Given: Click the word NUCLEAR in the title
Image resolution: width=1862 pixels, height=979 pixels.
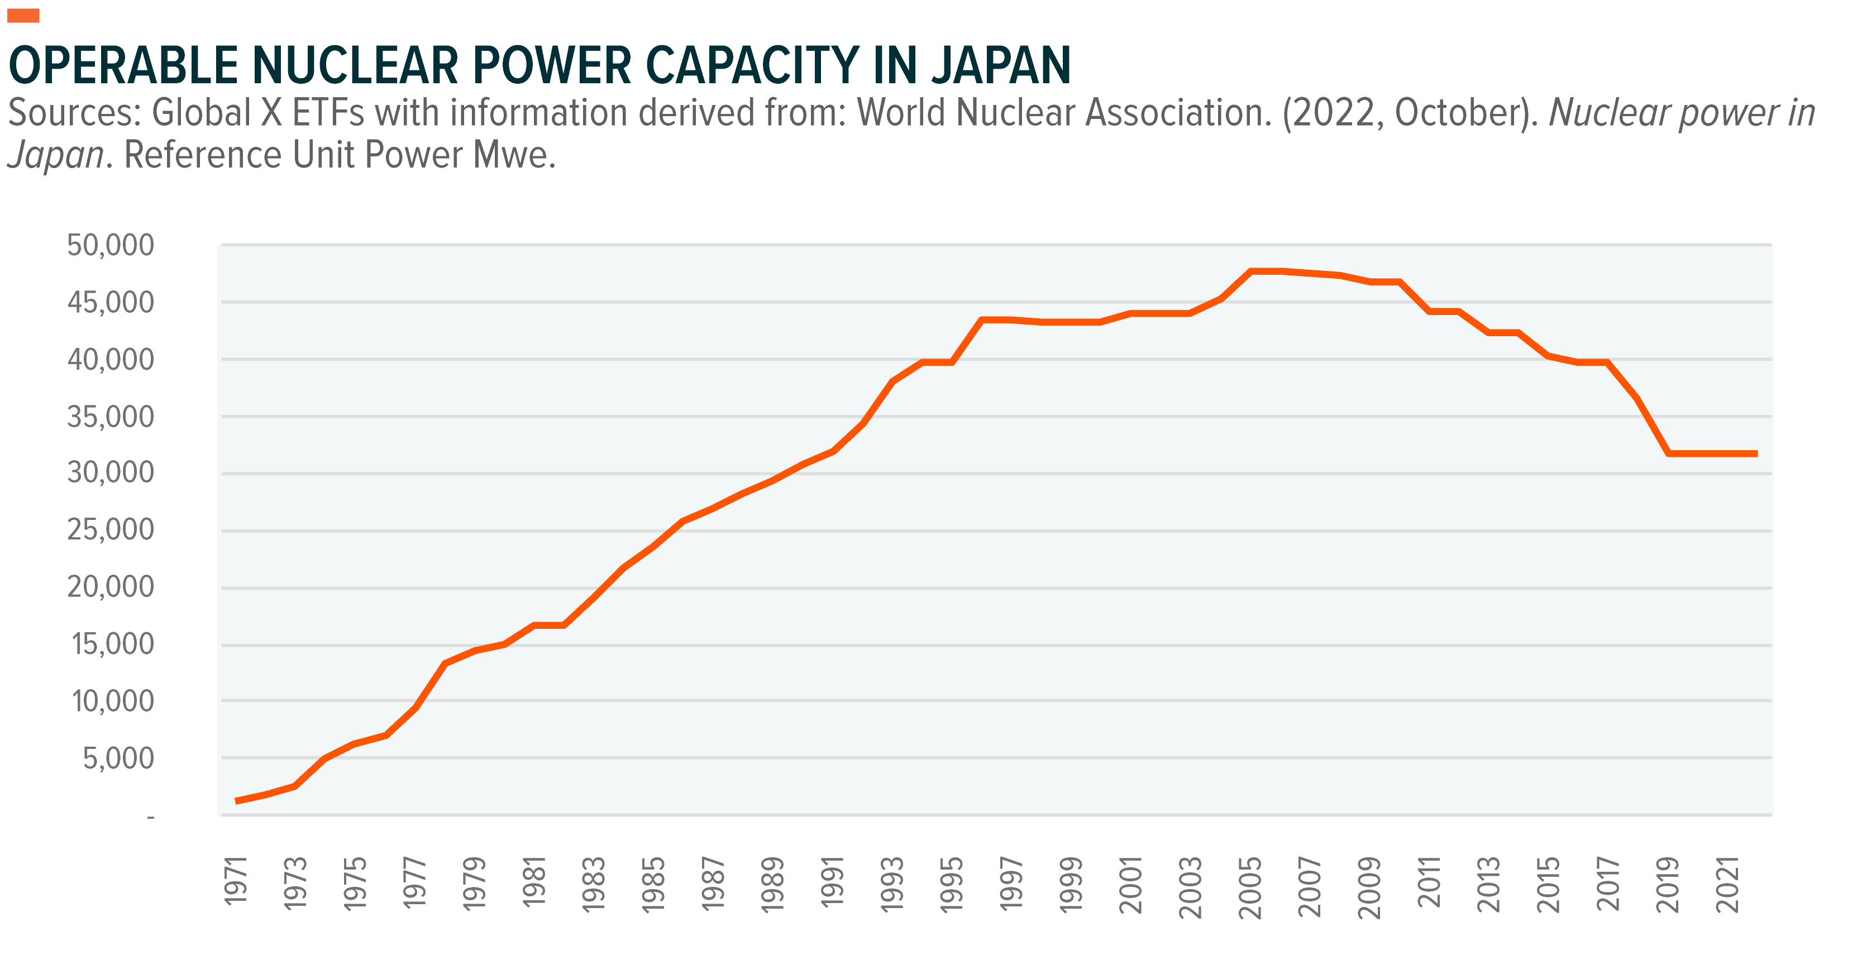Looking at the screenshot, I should tap(355, 66).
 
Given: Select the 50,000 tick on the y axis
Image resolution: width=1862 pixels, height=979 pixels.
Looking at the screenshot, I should tap(111, 245).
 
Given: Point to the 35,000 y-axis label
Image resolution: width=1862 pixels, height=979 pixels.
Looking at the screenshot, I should tap(111, 417).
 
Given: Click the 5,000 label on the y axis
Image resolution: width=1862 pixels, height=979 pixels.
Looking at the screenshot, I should tap(118, 758).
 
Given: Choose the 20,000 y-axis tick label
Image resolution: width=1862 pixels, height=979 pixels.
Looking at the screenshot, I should tap(111, 586).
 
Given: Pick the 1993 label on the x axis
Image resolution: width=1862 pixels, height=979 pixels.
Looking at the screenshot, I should tap(892, 884).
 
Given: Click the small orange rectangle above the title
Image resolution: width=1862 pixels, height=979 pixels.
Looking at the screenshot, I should tap(23, 16).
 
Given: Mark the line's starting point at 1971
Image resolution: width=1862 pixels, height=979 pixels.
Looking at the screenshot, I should tap(237, 800).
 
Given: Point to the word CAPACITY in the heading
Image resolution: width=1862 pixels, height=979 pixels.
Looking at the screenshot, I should tap(752, 66).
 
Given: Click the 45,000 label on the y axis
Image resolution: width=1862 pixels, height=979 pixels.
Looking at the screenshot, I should tap(111, 302).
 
